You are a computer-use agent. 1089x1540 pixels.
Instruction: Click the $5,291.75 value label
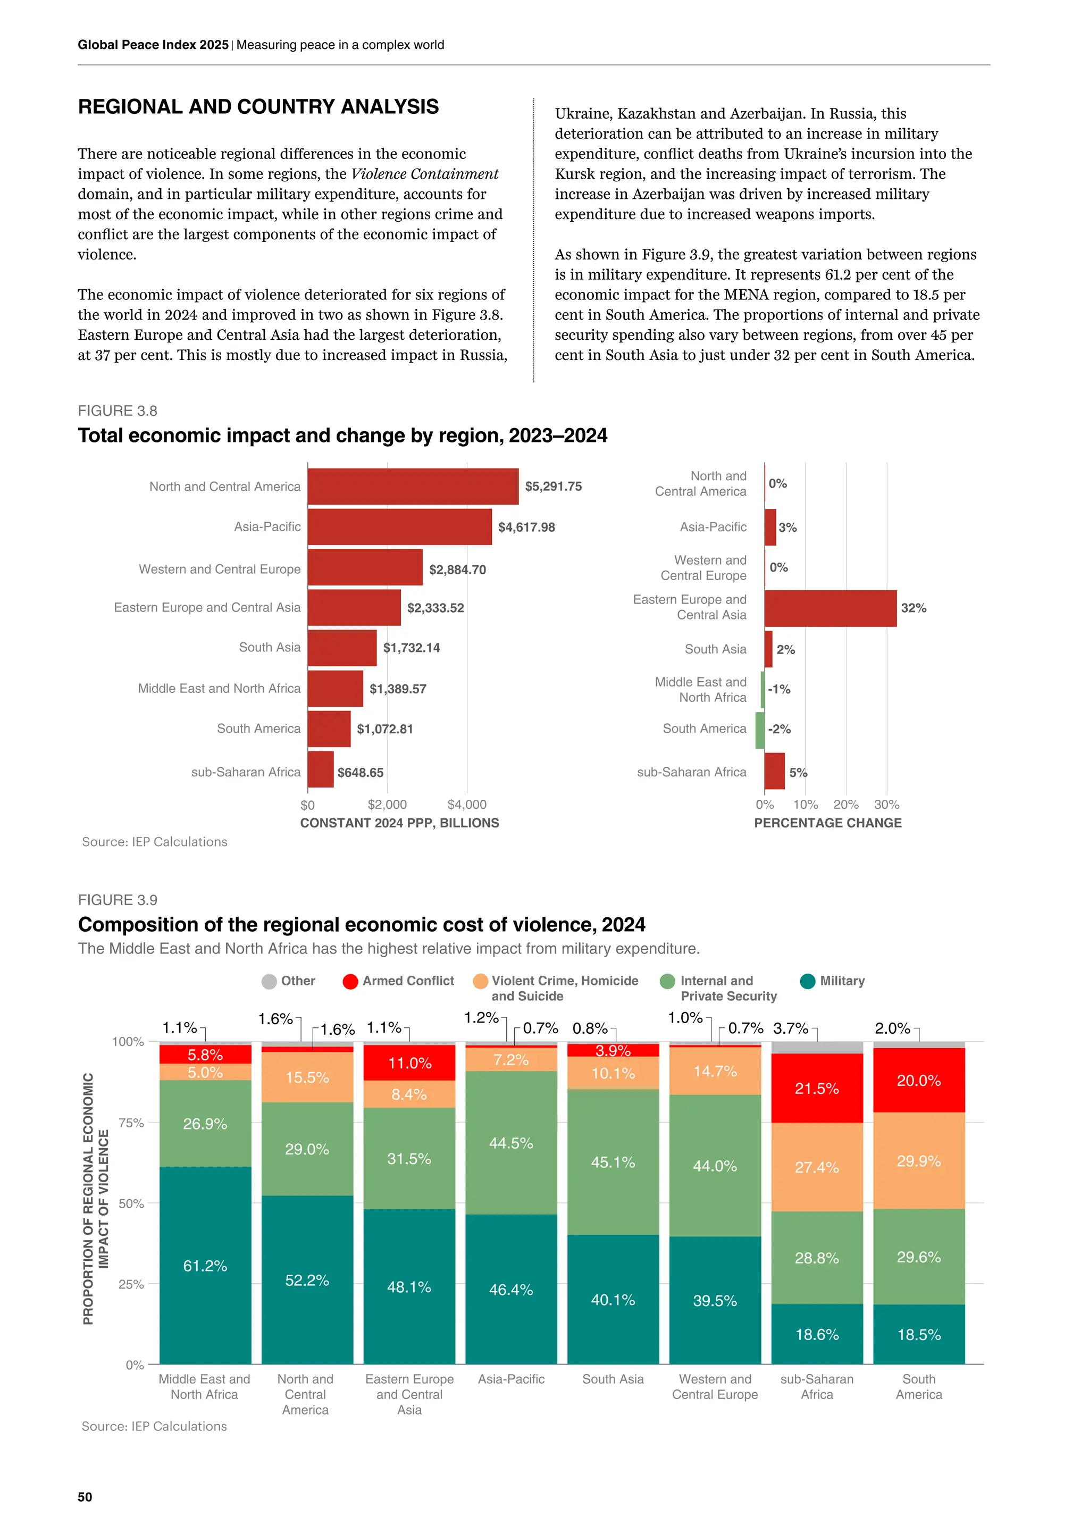point(553,486)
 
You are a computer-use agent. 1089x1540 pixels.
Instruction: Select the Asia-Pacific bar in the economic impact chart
point(400,527)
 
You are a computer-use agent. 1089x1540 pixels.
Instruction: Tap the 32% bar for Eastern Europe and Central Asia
point(830,608)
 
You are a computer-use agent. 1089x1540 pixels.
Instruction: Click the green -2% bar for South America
point(760,730)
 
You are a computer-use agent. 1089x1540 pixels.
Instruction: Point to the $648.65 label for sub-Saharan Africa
point(360,773)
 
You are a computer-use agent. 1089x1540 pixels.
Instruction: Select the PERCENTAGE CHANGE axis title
point(827,823)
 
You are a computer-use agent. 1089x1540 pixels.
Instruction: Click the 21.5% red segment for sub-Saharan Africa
point(817,1088)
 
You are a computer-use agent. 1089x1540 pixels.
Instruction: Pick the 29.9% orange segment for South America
point(919,1160)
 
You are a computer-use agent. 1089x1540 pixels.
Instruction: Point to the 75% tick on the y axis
point(131,1123)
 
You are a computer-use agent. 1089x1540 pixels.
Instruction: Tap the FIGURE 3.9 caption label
point(118,900)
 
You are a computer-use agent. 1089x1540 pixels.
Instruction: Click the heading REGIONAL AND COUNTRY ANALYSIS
point(258,107)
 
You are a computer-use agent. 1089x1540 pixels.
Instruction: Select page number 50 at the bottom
point(85,1496)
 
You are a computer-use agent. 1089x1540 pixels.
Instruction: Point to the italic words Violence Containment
point(424,174)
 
